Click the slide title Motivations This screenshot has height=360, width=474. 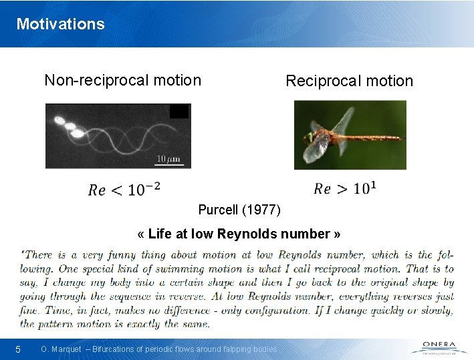pyautogui.click(x=60, y=24)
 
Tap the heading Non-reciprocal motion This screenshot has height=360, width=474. pyautogui.click(x=122, y=81)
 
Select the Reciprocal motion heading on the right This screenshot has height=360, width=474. pyautogui.click(x=349, y=81)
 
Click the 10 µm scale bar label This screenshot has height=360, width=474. pyautogui.click(x=170, y=158)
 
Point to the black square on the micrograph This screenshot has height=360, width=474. pyautogui.click(x=179, y=111)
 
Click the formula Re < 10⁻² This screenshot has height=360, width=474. pyautogui.click(x=124, y=189)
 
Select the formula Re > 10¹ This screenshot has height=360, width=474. pyautogui.click(x=344, y=188)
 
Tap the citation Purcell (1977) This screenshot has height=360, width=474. pyautogui.click(x=239, y=210)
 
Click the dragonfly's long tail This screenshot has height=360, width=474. pyautogui.click(x=374, y=138)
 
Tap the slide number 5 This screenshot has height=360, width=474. pyautogui.click(x=19, y=349)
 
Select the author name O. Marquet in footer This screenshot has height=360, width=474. pyautogui.click(x=61, y=349)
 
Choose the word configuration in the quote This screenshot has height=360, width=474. pyautogui.click(x=340, y=311)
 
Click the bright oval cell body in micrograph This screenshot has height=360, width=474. pyautogui.click(x=77, y=133)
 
